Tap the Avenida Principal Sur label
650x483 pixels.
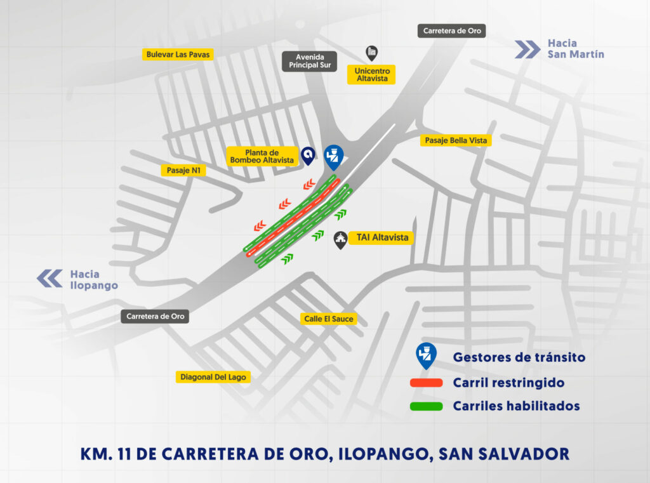(309, 61)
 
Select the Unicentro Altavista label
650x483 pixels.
(371, 74)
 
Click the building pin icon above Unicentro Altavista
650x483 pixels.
(372, 53)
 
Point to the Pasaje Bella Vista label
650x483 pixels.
(455, 140)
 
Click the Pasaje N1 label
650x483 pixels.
(183, 170)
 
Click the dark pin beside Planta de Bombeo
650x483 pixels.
(308, 155)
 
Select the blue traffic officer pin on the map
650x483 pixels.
(333, 157)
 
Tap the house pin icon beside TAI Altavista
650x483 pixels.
(341, 239)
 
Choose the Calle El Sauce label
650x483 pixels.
(329, 319)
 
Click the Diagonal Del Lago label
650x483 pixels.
(213, 377)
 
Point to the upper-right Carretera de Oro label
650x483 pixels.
(453, 30)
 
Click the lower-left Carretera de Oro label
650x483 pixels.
(156, 316)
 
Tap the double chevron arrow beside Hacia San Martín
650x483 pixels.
(527, 49)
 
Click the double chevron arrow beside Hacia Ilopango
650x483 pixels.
(49, 279)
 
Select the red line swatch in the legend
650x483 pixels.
(426, 383)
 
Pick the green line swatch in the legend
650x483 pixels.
(426, 406)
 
